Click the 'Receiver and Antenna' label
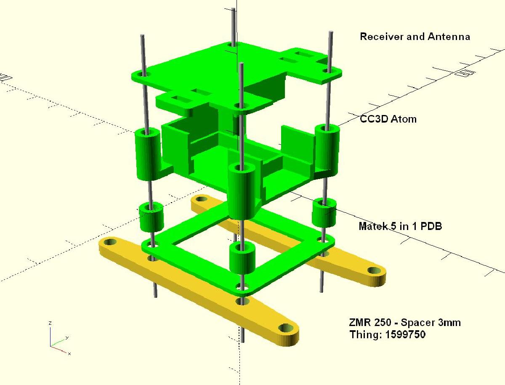pyautogui.click(x=415, y=37)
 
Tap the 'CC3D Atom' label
pyautogui.click(x=388, y=119)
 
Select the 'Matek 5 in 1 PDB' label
pyautogui.click(x=400, y=226)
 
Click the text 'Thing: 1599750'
pyautogui.click(x=387, y=335)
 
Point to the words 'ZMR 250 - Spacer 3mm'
pyautogui.click(x=404, y=323)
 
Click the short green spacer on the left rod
pyautogui.click(x=151, y=217)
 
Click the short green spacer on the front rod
pyautogui.click(x=242, y=257)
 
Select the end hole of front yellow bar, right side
pyautogui.click(x=286, y=328)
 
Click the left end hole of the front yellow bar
pyautogui.click(x=110, y=243)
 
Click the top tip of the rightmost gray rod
pyautogui.click(x=331, y=33)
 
